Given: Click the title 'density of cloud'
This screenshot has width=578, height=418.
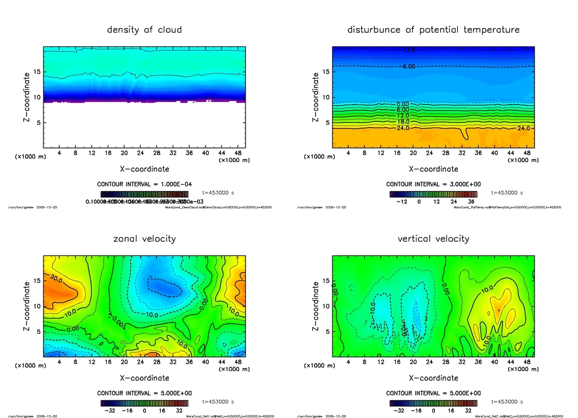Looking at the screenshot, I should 144,29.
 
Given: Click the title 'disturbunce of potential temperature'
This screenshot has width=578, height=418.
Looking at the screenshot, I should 433,29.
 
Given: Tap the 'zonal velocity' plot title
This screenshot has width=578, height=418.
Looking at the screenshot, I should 144,238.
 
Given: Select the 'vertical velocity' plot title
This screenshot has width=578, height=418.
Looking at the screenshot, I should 433,238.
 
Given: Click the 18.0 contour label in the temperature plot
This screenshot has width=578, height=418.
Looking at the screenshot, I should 403,121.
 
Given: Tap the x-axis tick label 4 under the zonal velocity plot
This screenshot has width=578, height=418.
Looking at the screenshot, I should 60,362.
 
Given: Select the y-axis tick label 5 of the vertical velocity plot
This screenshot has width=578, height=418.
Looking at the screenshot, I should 325,332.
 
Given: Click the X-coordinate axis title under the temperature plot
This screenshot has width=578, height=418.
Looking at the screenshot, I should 433,168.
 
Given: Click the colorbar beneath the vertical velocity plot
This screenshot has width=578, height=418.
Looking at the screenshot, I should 433,403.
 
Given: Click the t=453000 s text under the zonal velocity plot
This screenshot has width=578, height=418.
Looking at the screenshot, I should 218,402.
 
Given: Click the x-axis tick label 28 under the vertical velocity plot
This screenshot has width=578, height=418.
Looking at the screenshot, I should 445,362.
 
